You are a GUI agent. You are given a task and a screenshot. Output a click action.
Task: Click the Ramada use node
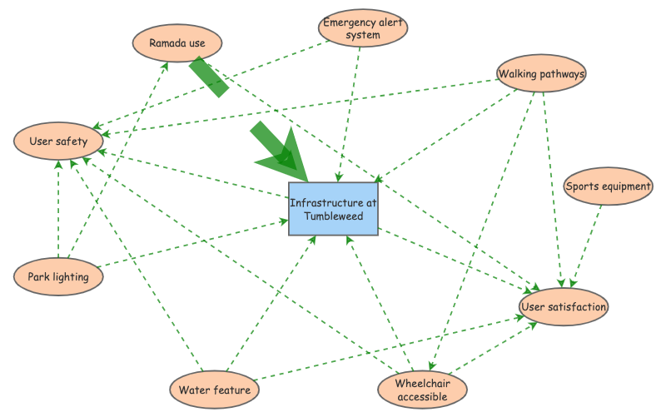pos(178,43)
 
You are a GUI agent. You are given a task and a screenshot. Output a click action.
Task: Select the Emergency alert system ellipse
pos(362,28)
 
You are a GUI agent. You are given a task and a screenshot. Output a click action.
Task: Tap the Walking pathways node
pos(541,74)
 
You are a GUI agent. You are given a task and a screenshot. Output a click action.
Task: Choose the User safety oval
pos(57,141)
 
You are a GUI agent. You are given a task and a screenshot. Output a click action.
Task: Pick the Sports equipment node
pos(608,186)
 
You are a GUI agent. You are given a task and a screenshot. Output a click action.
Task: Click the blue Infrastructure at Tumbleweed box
pos(334,209)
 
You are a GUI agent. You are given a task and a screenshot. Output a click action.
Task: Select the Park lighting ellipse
pos(58,277)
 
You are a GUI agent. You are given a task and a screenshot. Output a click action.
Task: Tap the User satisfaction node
pos(564,308)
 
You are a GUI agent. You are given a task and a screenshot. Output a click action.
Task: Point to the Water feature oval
pos(214,389)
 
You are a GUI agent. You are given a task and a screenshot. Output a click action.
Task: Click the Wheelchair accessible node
pos(422,390)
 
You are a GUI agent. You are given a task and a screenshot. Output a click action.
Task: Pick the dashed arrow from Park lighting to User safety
pos(58,208)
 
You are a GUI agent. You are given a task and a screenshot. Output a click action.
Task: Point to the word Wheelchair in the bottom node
pos(422,384)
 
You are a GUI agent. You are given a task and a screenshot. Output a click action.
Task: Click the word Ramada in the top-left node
pos(167,43)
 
